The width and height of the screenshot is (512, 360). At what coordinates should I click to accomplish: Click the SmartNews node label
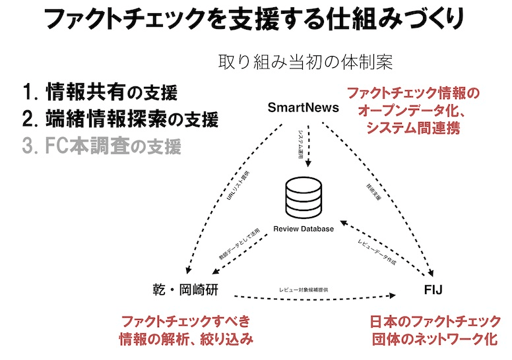(x=304, y=107)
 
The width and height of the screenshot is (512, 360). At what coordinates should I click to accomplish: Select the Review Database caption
(x=304, y=229)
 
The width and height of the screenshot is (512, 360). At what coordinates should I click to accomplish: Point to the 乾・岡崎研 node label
(x=183, y=290)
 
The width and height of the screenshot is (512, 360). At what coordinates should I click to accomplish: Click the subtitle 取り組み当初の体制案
(x=305, y=63)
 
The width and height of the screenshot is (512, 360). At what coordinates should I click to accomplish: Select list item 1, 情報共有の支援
(x=100, y=91)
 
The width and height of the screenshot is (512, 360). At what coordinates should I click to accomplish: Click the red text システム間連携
(x=413, y=126)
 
